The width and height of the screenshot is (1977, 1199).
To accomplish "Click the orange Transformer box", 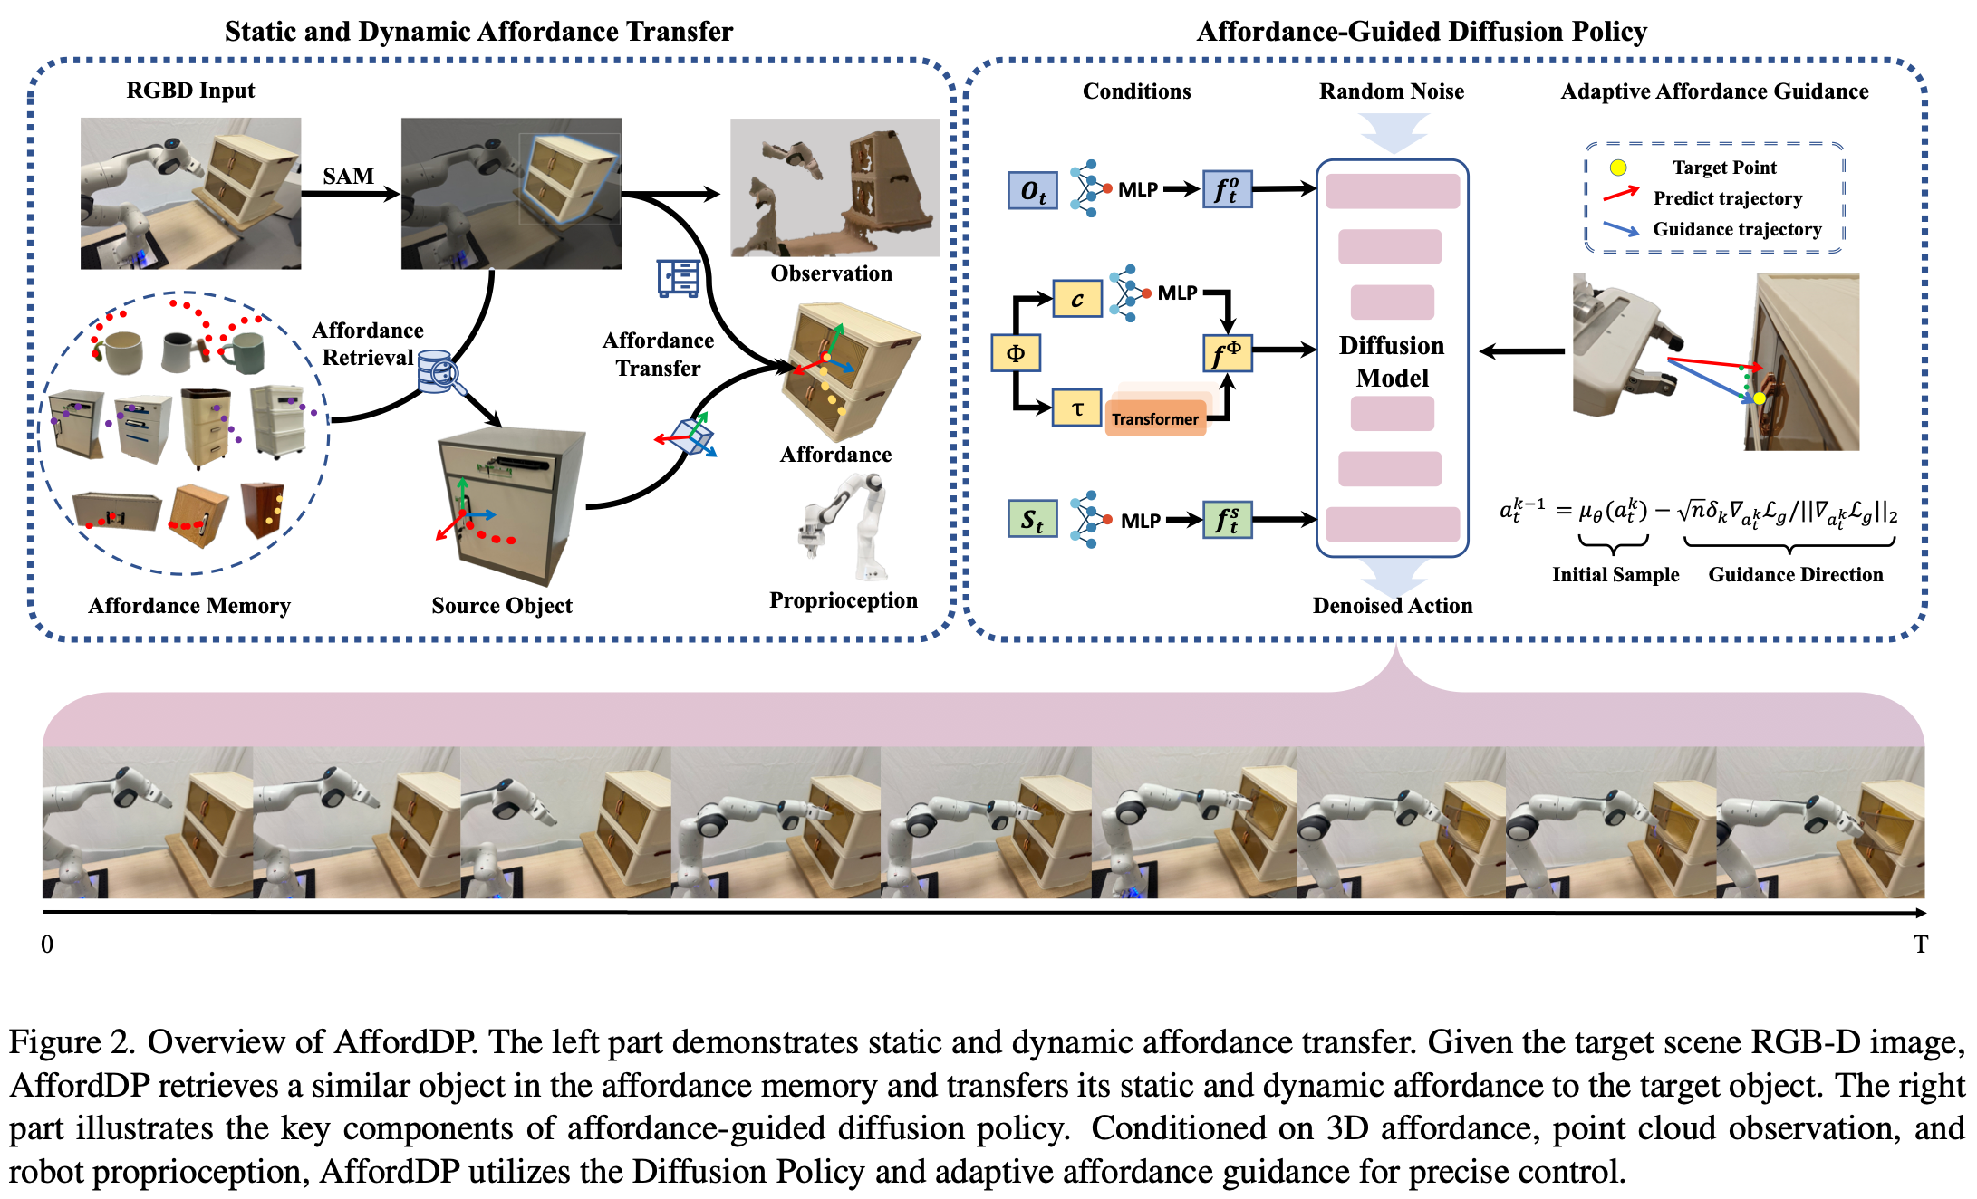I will click(x=1155, y=418).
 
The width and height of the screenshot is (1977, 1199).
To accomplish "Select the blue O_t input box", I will click(x=1033, y=190).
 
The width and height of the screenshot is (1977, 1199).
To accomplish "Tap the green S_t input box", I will click(x=1033, y=520).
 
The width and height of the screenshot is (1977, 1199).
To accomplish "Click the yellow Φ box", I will click(x=1016, y=353).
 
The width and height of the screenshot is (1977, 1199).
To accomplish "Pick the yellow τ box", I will click(x=1076, y=408).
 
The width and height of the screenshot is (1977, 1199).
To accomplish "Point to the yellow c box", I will click(x=1076, y=299).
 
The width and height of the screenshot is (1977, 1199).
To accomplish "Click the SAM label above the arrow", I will click(x=348, y=176).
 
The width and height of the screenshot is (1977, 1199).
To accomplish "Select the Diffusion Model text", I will click(x=1392, y=361).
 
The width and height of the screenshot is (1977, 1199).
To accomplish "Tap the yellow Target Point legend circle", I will click(x=1618, y=168).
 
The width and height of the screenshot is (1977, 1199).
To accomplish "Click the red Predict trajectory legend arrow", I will click(x=1621, y=194).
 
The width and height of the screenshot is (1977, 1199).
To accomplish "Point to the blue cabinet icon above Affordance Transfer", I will click(x=679, y=278).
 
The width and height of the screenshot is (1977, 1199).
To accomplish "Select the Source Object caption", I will click(x=502, y=606).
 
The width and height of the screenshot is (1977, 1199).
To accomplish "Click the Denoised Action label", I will click(x=1392, y=606).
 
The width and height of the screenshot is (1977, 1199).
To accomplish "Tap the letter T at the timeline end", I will click(x=1920, y=945).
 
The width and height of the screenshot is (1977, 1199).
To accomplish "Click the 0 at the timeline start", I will click(x=47, y=945).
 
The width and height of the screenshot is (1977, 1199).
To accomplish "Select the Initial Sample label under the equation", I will click(x=1615, y=574).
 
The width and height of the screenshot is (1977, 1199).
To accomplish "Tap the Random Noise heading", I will click(x=1391, y=91).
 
